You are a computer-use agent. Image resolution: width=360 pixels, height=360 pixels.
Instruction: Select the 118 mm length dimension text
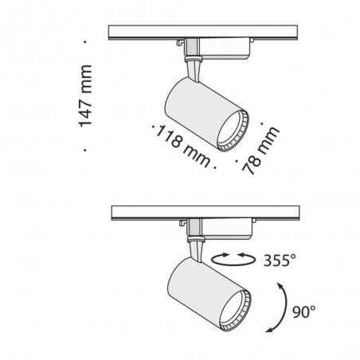183,146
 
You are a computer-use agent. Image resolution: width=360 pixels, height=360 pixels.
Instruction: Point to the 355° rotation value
279,259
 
